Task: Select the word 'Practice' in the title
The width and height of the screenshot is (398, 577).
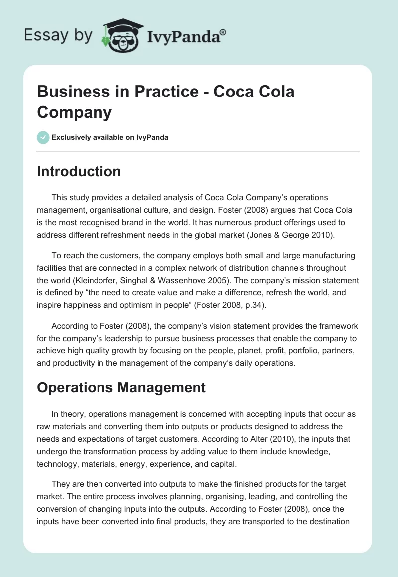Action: click(167, 92)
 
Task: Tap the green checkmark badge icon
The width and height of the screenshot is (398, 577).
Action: click(43, 137)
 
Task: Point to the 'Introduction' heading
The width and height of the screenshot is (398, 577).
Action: click(79, 171)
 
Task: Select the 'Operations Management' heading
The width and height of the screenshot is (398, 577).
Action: click(121, 387)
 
